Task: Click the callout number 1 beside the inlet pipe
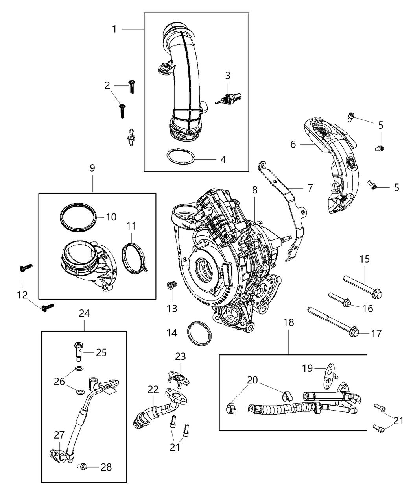point(114,29)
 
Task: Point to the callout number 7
point(310,188)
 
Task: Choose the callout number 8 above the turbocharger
point(255,190)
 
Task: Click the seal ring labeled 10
point(79,217)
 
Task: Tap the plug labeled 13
point(171,285)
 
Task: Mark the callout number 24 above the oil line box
point(84,313)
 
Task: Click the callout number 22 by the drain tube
point(153,390)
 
